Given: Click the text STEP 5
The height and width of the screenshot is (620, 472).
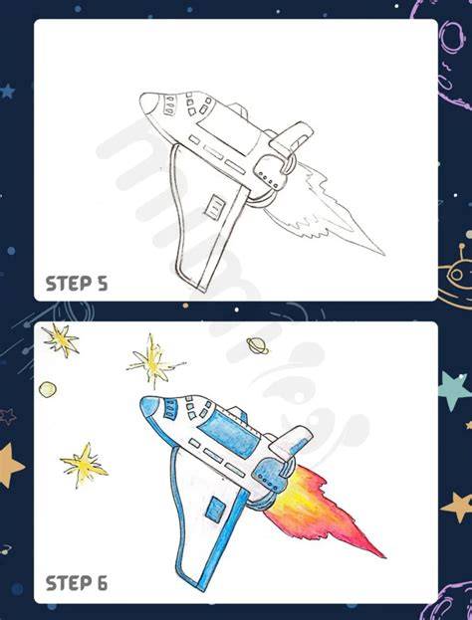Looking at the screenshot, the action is coord(77,284).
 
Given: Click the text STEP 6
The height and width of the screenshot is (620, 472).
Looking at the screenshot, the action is coord(77,583).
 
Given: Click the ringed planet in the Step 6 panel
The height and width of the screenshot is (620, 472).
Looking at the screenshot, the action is coord(257,345).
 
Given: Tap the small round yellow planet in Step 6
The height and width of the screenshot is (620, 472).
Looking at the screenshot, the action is coord(48,389).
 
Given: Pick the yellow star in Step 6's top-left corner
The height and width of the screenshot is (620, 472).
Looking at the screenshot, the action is coord(61,339).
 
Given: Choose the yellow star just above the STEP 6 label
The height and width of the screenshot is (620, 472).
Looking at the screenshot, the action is coord(85,464).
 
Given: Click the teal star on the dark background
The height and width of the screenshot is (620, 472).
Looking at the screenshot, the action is coord(455,390).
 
